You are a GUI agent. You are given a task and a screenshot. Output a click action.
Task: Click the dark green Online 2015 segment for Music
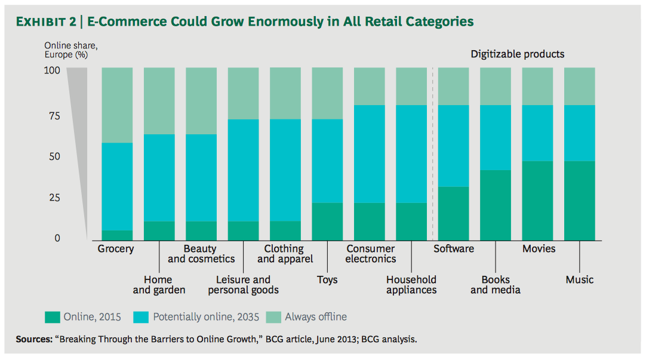point(580,200)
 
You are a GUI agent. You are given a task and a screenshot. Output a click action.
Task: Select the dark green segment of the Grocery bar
point(117,235)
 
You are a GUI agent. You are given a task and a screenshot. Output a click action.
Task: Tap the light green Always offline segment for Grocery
point(117,105)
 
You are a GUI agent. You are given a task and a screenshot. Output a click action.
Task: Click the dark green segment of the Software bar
point(454,213)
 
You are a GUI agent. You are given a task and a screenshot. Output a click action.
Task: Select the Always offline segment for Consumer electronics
point(370,87)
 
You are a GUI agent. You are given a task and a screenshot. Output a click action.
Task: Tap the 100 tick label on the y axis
point(53,70)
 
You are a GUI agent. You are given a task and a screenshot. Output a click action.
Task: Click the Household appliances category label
point(411,285)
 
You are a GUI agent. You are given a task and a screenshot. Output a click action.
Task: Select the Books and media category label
point(496,285)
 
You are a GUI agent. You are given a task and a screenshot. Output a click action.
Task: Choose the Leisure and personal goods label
point(243,285)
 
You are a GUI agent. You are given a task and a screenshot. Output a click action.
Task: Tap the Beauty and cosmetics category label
point(201,254)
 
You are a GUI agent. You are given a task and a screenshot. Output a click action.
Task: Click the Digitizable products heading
point(517,54)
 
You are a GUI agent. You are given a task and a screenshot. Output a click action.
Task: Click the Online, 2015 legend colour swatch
point(53,316)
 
